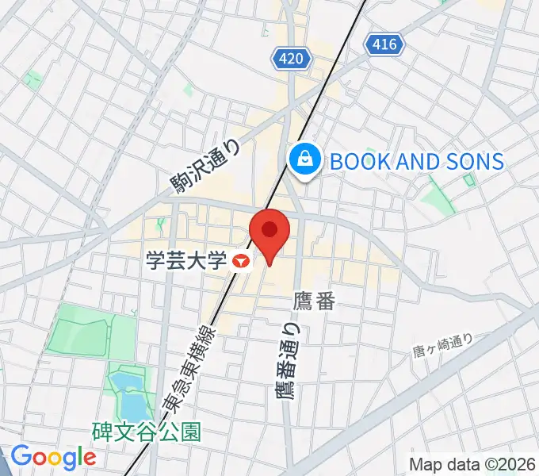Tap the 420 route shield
(291, 57)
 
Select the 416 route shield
(384, 45)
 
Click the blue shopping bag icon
(304, 161)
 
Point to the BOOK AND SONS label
(416, 162)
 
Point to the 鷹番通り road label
(289, 361)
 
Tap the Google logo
(52, 457)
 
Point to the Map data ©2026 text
(472, 465)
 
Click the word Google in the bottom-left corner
(52, 457)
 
